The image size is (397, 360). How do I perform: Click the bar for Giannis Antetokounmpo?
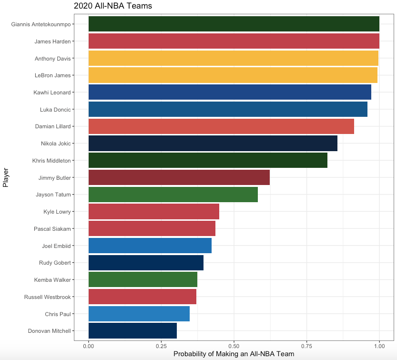[234, 24]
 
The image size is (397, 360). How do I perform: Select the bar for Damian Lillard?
[221, 126]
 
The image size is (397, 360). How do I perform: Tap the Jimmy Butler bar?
[179, 177]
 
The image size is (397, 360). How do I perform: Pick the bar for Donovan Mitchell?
[132, 330]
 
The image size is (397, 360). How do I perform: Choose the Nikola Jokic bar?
[213, 144]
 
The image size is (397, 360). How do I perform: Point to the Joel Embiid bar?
[150, 246]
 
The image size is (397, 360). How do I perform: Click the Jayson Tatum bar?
[173, 195]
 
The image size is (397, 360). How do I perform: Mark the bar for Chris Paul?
[139, 314]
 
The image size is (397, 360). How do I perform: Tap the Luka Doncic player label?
[55, 110]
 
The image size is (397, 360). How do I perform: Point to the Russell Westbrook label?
[47, 297]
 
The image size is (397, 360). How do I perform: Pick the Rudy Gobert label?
[55, 263]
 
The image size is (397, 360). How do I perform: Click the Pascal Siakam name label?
[52, 229]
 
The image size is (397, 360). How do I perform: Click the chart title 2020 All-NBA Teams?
[112, 6]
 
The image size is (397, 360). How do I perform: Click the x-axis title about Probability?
[234, 354]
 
